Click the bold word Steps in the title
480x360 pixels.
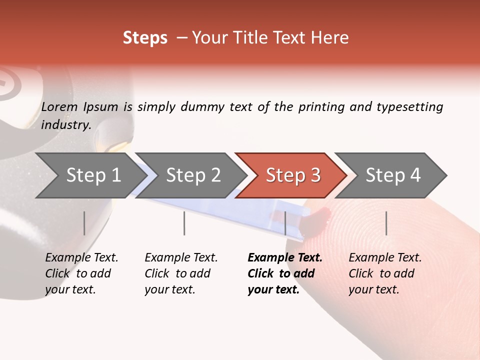pyautogui.click(x=145, y=38)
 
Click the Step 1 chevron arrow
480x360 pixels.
pyautogui.click(x=93, y=175)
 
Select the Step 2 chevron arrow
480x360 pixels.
pyautogui.click(x=193, y=175)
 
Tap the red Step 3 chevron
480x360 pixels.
pyautogui.click(x=293, y=175)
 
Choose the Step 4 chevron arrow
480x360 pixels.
pyautogui.click(x=393, y=175)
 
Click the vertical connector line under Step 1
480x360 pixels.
pyautogui.click(x=84, y=223)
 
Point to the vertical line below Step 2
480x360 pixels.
pyautogui.click(x=184, y=223)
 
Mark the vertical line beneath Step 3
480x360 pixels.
pyautogui.click(x=285, y=223)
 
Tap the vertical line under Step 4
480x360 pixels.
pyautogui.click(x=386, y=223)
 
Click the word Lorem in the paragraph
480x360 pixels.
pyautogui.click(x=59, y=107)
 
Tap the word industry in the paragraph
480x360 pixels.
pyautogui.click(x=65, y=125)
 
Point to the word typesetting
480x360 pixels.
pyautogui.click(x=409, y=107)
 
